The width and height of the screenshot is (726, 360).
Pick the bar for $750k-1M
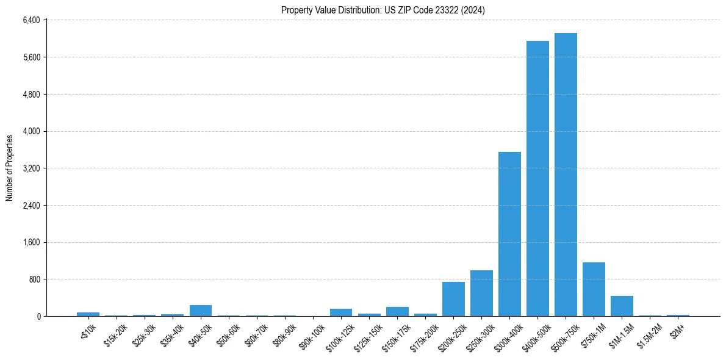point(594,289)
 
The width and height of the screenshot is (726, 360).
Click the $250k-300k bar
point(481,293)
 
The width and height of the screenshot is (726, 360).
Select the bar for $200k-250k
point(453,299)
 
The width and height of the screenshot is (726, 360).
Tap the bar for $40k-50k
point(201,311)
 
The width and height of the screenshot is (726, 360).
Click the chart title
point(383,10)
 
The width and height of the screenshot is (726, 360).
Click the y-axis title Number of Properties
point(9,168)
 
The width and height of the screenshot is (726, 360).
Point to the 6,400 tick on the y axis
point(31,20)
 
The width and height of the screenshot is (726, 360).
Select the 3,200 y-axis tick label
point(31,168)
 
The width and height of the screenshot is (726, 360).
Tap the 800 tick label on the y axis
point(34,279)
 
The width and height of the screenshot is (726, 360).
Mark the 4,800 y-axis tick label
point(31,95)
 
